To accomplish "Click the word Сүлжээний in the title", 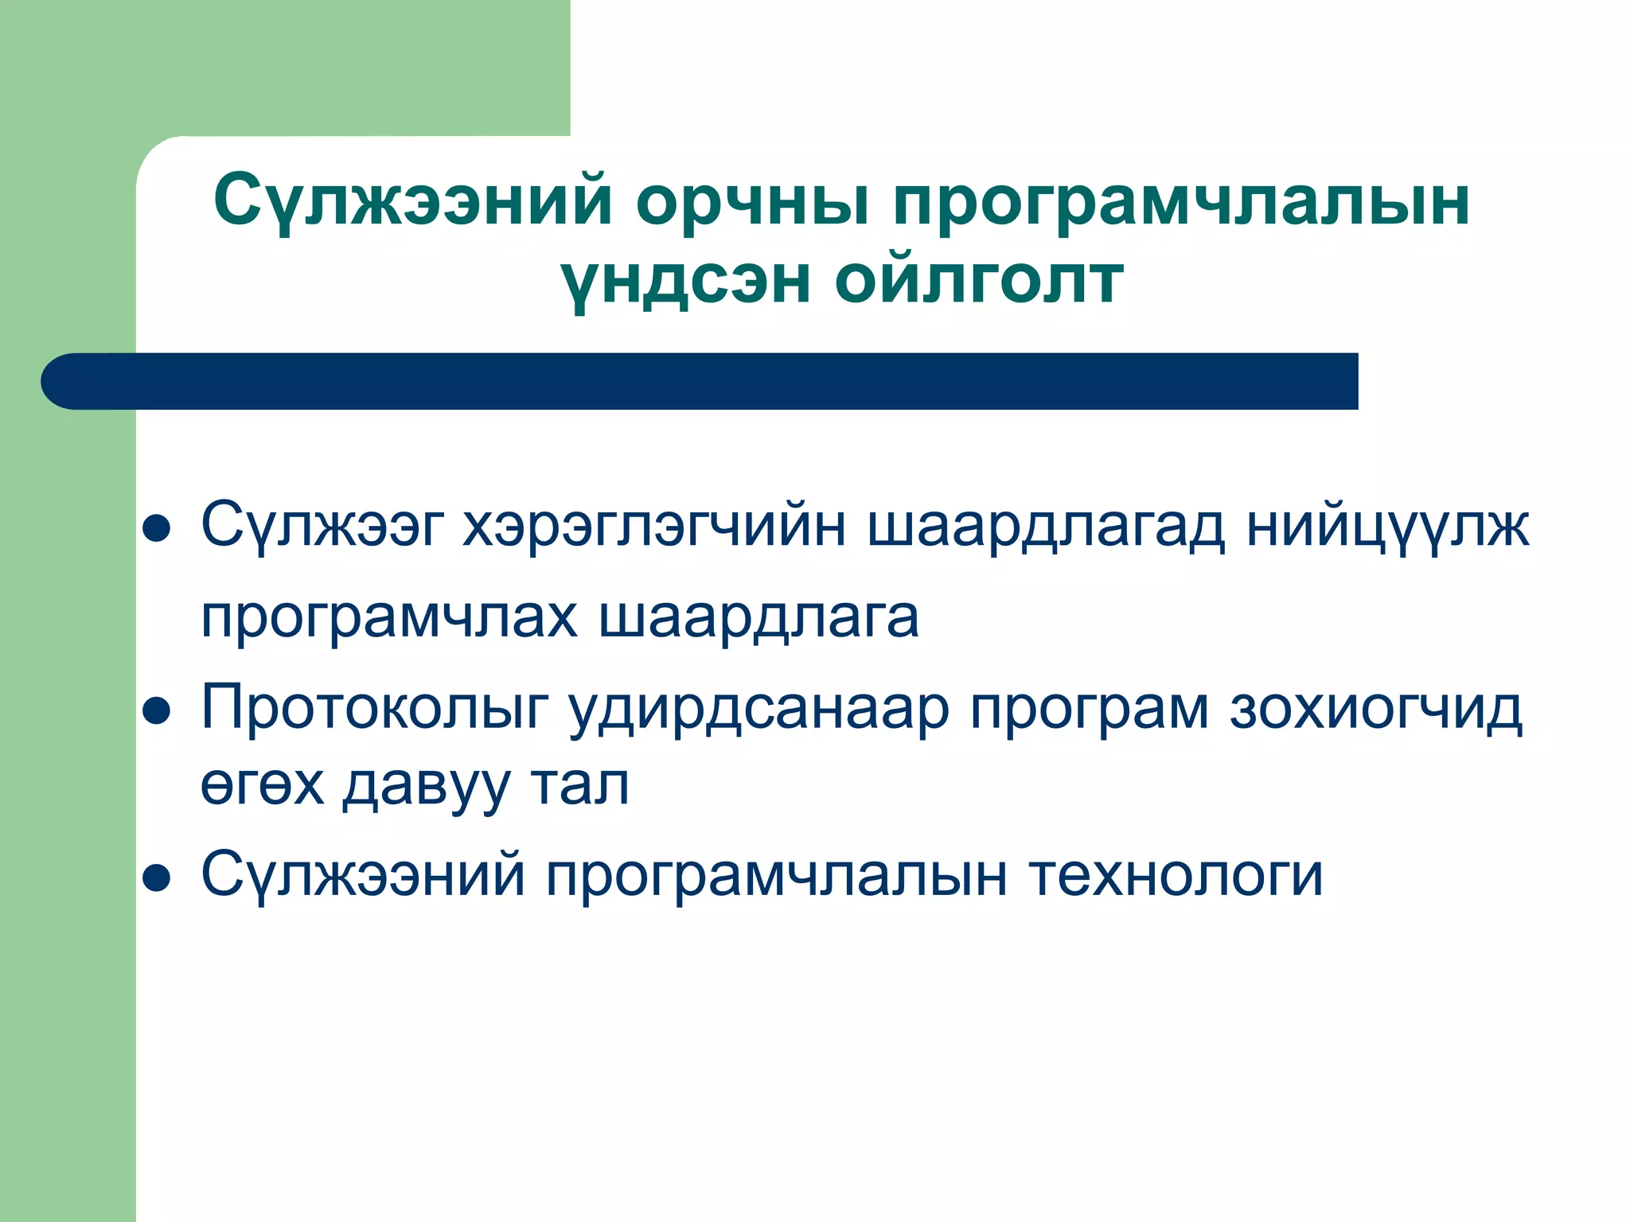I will tap(412, 200).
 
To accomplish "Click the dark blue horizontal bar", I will tap(700, 381).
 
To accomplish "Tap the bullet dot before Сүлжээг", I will tap(157, 528).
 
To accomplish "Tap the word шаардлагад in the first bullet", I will tap(1046, 527).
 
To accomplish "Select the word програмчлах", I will tap(388, 619).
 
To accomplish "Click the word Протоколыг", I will tap(375, 709).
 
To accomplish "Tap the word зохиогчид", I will tap(1376, 709).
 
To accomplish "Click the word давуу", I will tap(427, 786).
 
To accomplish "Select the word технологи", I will tap(1176, 876).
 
